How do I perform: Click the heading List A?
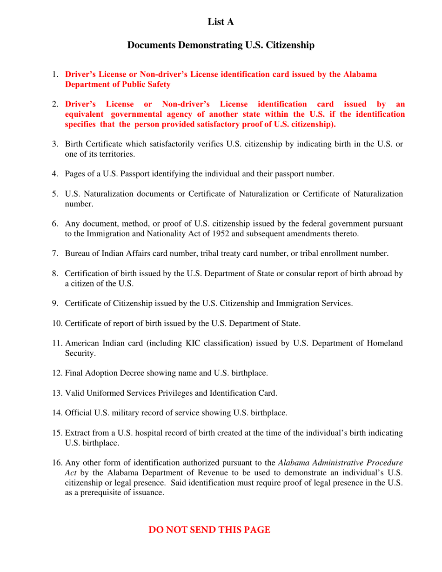[x=221, y=21]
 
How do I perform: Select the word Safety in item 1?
[x=158, y=84]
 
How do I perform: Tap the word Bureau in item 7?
[x=77, y=254]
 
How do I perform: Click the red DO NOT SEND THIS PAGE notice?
[x=209, y=530]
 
